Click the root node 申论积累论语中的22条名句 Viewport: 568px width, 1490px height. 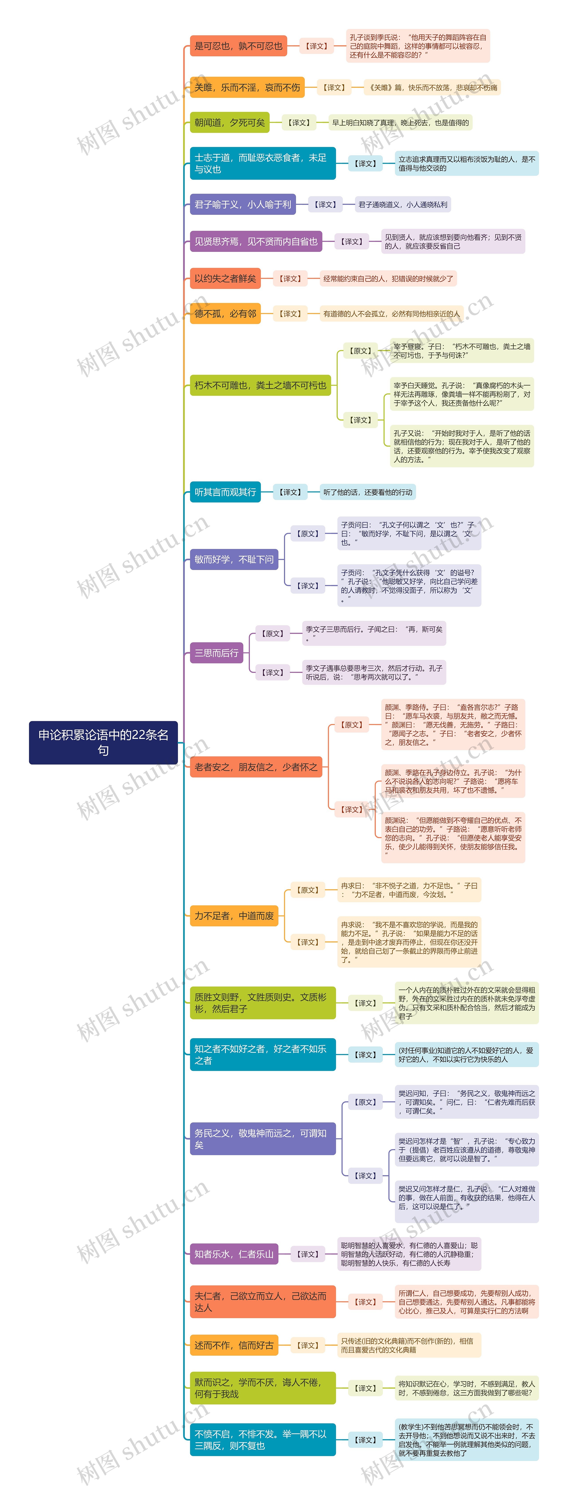(x=103, y=742)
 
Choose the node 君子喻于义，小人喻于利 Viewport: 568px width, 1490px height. (x=243, y=204)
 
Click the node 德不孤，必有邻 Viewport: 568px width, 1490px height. (x=225, y=313)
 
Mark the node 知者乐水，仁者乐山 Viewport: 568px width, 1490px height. (x=234, y=1254)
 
